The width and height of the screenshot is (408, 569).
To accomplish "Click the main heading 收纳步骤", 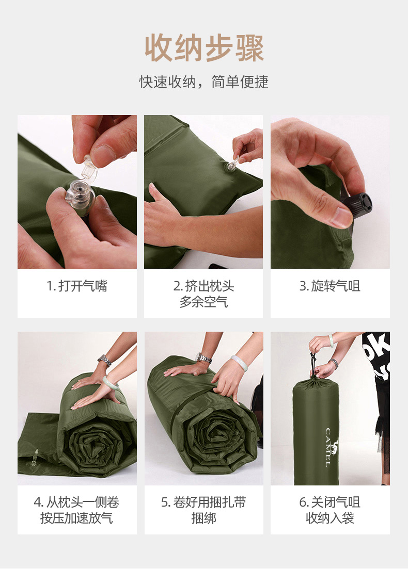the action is pos(204,48).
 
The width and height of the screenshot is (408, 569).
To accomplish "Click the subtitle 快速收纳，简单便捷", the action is pos(204,82).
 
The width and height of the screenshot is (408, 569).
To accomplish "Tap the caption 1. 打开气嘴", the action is pos(77,286).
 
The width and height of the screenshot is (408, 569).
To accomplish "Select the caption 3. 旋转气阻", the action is pos(330,286).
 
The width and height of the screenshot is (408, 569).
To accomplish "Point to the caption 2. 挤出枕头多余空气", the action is pos(203,294).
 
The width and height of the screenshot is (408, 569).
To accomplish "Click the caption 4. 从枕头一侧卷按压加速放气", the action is pos(76,510).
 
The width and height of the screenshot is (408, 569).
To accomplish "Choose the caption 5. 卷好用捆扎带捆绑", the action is pos(203,510).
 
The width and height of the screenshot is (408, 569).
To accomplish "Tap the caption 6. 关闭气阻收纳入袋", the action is pos(330,510).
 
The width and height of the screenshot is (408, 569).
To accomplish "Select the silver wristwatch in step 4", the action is pos(104,361).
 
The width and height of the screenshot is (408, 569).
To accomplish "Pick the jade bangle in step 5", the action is pos(239,363).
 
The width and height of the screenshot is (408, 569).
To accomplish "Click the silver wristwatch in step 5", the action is pos(203,358).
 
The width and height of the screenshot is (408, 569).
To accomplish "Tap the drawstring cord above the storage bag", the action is pos(313,365).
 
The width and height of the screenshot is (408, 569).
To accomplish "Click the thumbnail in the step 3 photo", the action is pos(341,217).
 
